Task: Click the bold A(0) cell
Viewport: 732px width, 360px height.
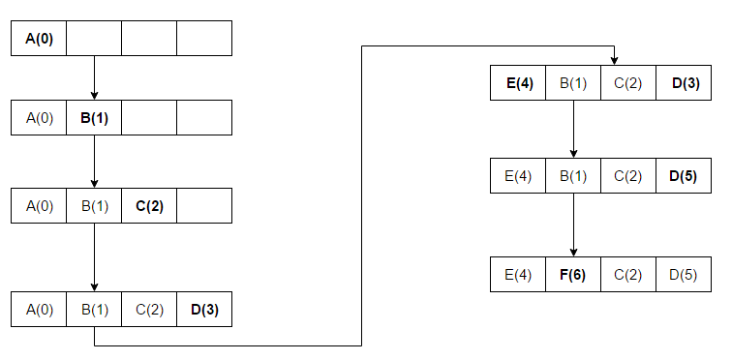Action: [39, 39]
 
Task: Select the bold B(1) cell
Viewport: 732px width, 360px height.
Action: [94, 118]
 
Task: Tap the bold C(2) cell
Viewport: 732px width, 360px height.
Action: [149, 205]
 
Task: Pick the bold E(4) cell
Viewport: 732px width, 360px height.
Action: [519, 83]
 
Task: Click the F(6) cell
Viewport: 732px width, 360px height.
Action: [573, 275]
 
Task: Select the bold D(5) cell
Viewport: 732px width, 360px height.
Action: [684, 176]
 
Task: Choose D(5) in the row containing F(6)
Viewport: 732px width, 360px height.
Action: [684, 275]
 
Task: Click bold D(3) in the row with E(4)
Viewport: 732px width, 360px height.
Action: [684, 83]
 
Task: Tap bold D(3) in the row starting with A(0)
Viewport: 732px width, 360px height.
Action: [204, 310]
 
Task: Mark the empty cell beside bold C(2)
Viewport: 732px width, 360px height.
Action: [204, 205]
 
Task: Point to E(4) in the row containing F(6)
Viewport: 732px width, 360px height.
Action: [519, 275]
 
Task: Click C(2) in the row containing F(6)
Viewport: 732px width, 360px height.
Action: [628, 275]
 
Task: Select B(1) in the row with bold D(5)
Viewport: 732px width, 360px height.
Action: [573, 176]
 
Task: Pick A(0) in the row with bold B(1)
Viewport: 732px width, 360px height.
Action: [39, 118]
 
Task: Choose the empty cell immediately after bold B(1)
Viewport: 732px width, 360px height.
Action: [149, 118]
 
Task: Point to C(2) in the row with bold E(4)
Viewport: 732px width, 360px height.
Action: [628, 83]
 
